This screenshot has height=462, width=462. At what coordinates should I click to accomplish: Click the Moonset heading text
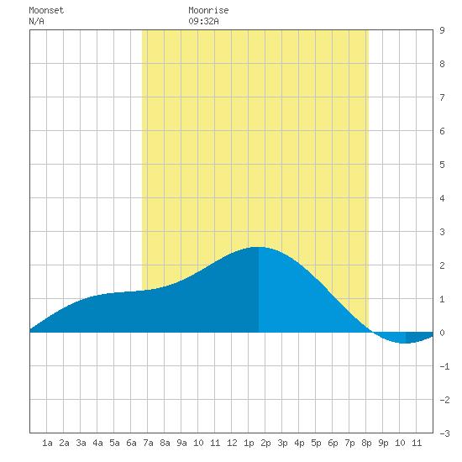[x=46, y=10]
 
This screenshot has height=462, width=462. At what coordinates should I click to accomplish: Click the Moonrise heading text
[x=208, y=10]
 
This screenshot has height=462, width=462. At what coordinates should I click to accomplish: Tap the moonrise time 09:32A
[x=203, y=21]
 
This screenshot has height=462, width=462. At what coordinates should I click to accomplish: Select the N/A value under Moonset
[x=36, y=21]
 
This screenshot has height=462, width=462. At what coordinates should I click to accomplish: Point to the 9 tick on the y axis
[x=442, y=30]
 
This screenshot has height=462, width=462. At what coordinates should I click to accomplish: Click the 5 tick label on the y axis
[x=442, y=165]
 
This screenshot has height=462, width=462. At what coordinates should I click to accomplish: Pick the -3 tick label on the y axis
[x=444, y=433]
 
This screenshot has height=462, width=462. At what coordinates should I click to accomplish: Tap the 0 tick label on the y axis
[x=442, y=333]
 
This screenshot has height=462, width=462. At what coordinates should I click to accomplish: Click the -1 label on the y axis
[x=444, y=366]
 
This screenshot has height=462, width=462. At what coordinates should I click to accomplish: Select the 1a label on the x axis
[x=47, y=443]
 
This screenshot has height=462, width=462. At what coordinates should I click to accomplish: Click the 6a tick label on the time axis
[x=131, y=443]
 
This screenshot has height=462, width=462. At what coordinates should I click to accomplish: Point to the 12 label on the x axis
[x=232, y=443]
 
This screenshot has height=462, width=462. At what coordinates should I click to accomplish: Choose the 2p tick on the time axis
[x=265, y=443]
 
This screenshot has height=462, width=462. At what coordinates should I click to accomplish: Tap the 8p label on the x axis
[x=366, y=443]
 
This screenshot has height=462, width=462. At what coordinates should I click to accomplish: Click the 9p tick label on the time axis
[x=383, y=443]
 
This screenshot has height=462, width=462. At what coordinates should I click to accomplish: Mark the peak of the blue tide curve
[x=259, y=247]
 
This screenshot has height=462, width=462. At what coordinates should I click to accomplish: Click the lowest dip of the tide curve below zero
[x=405, y=344]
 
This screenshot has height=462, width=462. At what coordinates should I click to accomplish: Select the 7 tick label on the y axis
[x=442, y=97]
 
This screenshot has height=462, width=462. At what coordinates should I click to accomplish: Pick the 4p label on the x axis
[x=299, y=443]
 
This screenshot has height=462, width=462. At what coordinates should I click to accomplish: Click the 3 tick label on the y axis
[x=442, y=232]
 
